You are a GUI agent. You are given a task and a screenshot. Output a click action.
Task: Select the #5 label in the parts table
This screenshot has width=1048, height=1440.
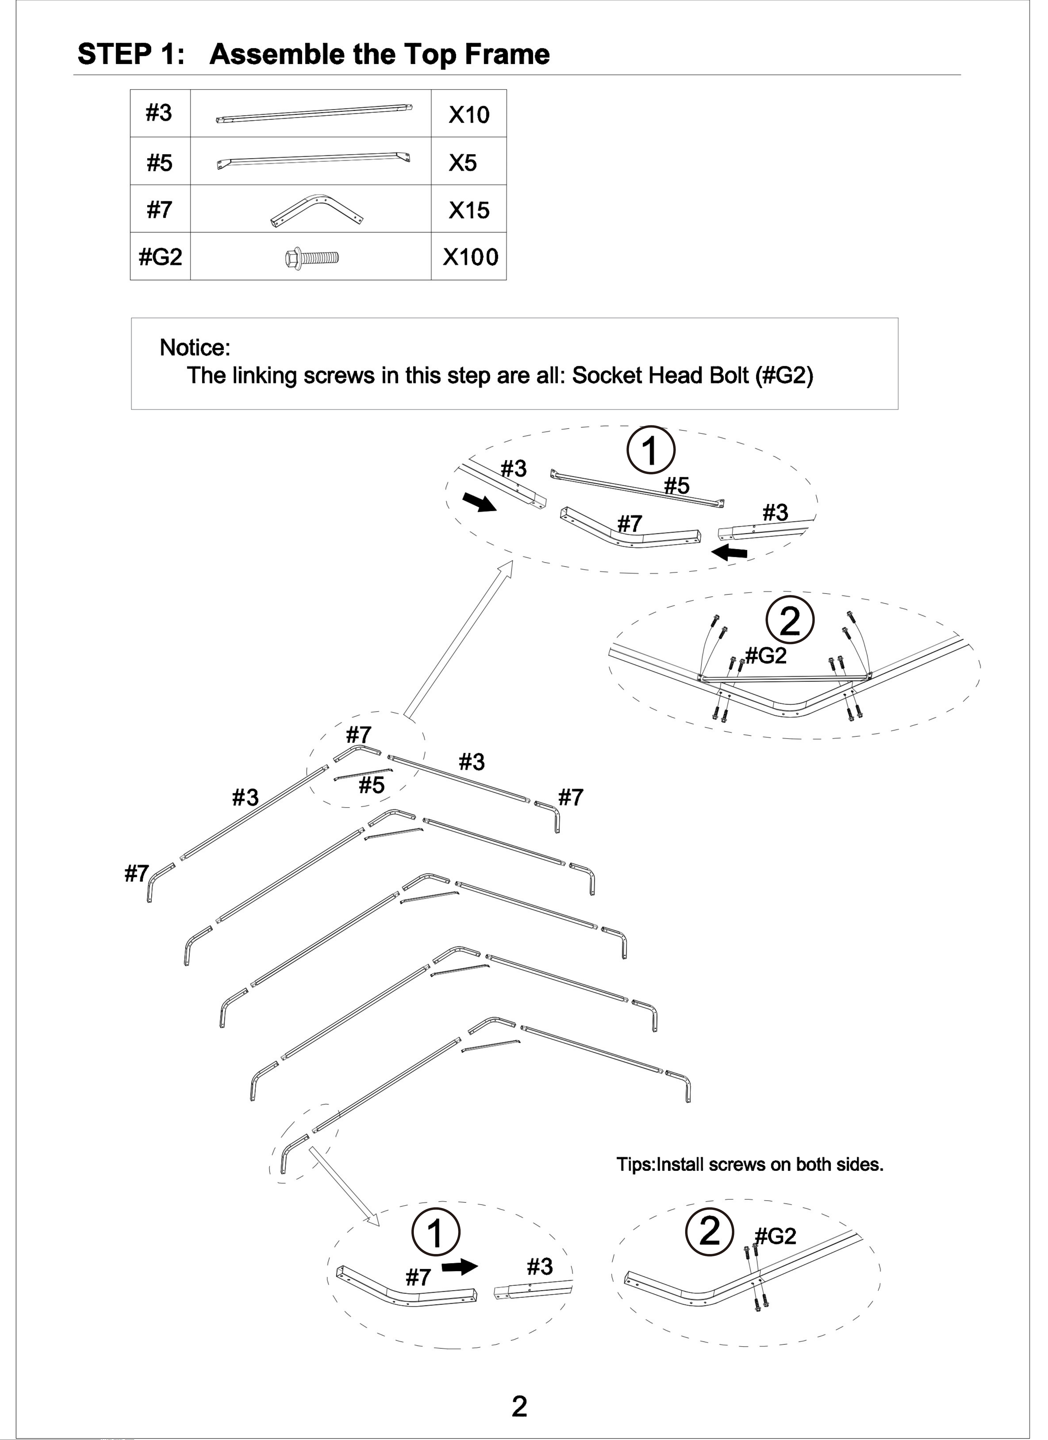click(x=160, y=163)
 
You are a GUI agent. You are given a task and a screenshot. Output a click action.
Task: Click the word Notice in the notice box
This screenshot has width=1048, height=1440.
click(x=194, y=348)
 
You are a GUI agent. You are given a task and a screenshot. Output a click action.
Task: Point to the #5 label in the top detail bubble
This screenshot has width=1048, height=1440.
click(x=676, y=486)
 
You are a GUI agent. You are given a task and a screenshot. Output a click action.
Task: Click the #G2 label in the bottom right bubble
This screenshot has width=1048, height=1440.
click(x=776, y=1236)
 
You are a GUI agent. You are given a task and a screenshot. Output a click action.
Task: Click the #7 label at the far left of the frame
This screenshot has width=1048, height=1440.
click(x=136, y=874)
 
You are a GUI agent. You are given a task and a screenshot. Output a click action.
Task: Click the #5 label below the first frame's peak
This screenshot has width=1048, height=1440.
click(x=372, y=786)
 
